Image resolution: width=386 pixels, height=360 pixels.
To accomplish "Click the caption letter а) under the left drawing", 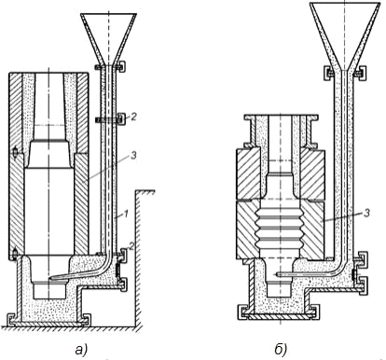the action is (81, 350).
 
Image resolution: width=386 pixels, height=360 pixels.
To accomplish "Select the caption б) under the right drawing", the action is (281, 349).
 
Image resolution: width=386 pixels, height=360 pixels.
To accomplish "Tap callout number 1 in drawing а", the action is (125, 215).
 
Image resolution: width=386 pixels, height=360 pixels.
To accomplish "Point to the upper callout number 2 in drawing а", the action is (133, 117).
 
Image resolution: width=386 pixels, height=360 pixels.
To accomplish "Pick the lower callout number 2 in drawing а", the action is (131, 246).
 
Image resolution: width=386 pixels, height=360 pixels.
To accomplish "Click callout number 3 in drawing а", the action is (133, 155).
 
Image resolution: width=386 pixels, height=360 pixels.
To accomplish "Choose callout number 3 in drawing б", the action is (366, 213).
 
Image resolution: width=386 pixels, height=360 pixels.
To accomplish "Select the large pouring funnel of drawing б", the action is (345, 35).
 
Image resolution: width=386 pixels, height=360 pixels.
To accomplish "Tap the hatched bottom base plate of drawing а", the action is (49, 324).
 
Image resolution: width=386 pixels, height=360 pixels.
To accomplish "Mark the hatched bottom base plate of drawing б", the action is (280, 317).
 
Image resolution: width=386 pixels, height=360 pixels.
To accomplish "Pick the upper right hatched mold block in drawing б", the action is (311, 174).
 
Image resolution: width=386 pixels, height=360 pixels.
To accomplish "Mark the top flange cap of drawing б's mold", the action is (281, 117).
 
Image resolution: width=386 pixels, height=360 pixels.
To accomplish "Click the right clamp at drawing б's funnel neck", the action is (360, 74).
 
